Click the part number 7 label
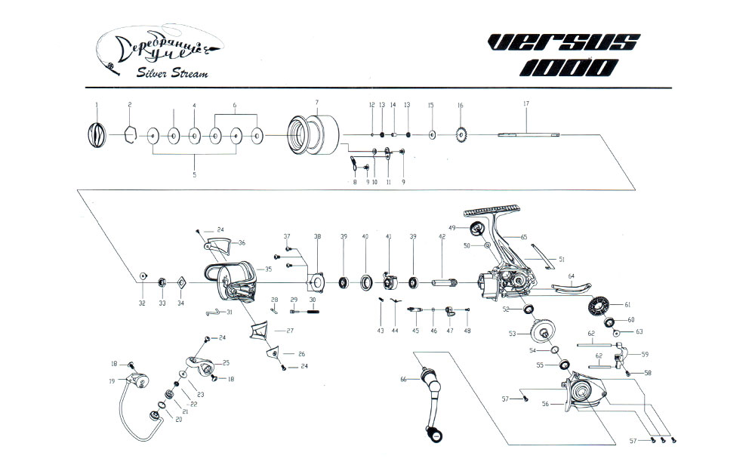(x=317, y=102)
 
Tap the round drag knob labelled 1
(x=97, y=136)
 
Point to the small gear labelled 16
(x=461, y=136)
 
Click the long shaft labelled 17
(x=528, y=136)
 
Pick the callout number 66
(x=404, y=379)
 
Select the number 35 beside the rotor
(x=268, y=269)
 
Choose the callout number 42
(x=442, y=236)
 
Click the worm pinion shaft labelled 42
(x=445, y=283)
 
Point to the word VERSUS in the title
(x=563, y=45)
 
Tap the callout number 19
(x=112, y=381)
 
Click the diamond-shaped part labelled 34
(x=181, y=283)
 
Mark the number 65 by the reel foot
(x=523, y=237)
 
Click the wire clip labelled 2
(x=129, y=137)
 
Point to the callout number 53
(x=512, y=332)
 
